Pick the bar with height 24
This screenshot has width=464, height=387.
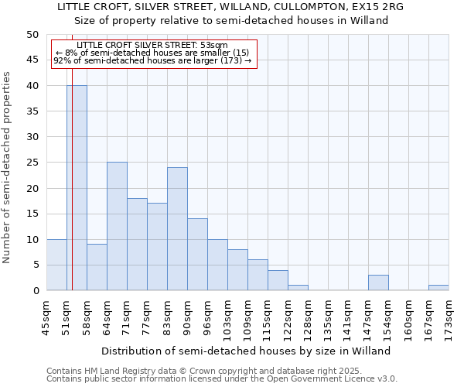pos(177,229)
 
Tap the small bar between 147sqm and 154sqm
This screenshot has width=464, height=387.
pos(378,283)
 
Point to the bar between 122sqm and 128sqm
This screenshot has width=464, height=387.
pos(298,288)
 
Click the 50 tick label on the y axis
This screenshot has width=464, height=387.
pos(32,35)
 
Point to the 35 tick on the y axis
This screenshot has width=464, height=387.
pos(32,111)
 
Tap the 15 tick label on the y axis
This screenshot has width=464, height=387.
pos(32,214)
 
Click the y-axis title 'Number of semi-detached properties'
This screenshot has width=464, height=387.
pos(7,167)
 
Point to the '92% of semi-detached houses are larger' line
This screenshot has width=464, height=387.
pos(152,60)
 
